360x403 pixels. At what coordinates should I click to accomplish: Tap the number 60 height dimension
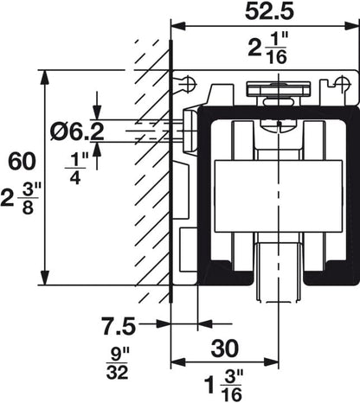click(x=18, y=161)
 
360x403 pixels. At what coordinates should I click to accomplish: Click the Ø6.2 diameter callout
click(x=74, y=131)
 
